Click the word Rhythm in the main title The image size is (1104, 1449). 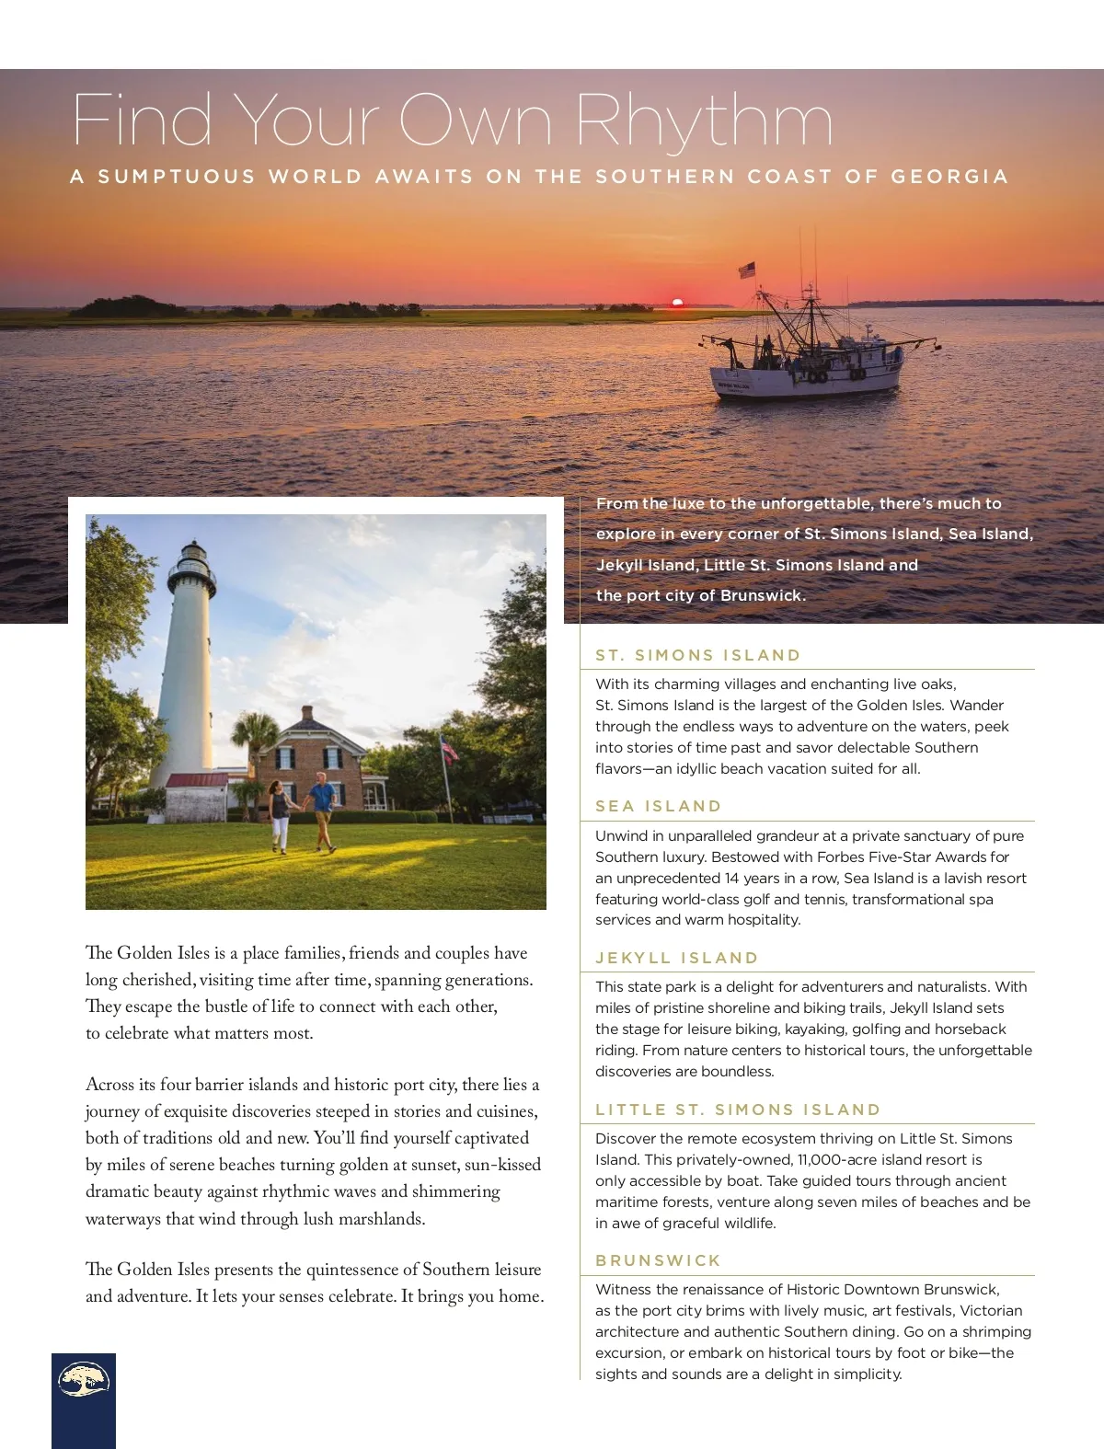point(704,122)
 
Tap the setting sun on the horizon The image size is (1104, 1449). point(678,302)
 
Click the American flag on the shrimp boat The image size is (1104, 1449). point(747,270)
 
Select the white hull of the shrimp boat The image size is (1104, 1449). point(805,379)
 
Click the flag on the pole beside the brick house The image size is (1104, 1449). point(449,749)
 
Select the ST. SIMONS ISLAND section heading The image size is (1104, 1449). point(698,655)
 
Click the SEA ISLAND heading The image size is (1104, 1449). point(658,806)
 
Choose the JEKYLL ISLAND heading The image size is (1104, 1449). point(677,958)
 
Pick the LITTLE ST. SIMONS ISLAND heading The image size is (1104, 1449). point(738,1110)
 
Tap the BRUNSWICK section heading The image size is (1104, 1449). point(658,1260)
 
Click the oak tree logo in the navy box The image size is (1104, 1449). point(84,1380)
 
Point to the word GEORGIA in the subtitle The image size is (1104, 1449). point(949,177)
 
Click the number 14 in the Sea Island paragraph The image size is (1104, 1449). point(732,878)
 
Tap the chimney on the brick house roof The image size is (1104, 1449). point(307,715)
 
